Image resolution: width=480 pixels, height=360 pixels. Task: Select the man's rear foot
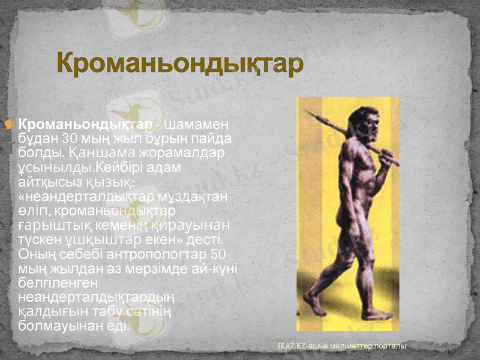pos(314,304)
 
